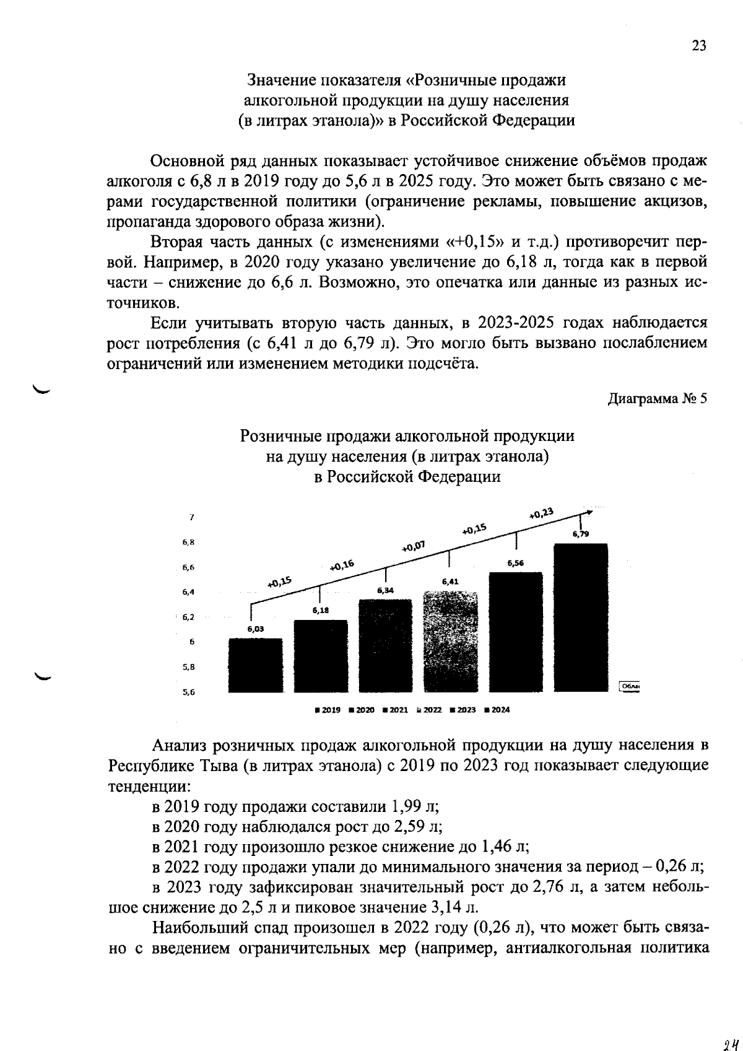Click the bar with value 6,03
click(x=255, y=665)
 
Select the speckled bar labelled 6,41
click(x=450, y=642)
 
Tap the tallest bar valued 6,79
click(x=580, y=617)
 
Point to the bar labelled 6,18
click(x=320, y=655)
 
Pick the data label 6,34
click(x=385, y=591)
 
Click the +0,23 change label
click(x=542, y=513)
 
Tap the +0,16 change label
click(x=341, y=565)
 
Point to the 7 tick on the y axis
click(x=192, y=517)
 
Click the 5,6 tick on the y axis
click(x=188, y=693)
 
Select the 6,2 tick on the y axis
click(x=188, y=617)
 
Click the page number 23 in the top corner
click(x=698, y=46)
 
